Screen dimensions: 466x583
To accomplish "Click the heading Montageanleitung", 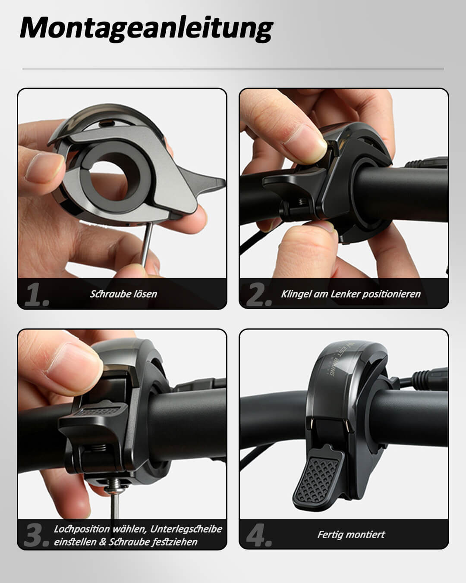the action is (x=146, y=29).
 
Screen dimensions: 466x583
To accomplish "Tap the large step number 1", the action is (x=37, y=295).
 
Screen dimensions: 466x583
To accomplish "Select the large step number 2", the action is (x=259, y=295).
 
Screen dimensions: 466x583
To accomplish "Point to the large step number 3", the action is (x=37, y=535).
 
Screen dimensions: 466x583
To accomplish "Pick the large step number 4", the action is (x=259, y=535).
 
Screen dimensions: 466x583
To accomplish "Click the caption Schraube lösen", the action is (x=123, y=294).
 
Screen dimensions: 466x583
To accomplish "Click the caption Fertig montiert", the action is (x=351, y=535).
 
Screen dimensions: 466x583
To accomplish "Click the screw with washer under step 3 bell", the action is (x=116, y=491).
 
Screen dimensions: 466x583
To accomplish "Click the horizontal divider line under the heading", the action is (x=233, y=69).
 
